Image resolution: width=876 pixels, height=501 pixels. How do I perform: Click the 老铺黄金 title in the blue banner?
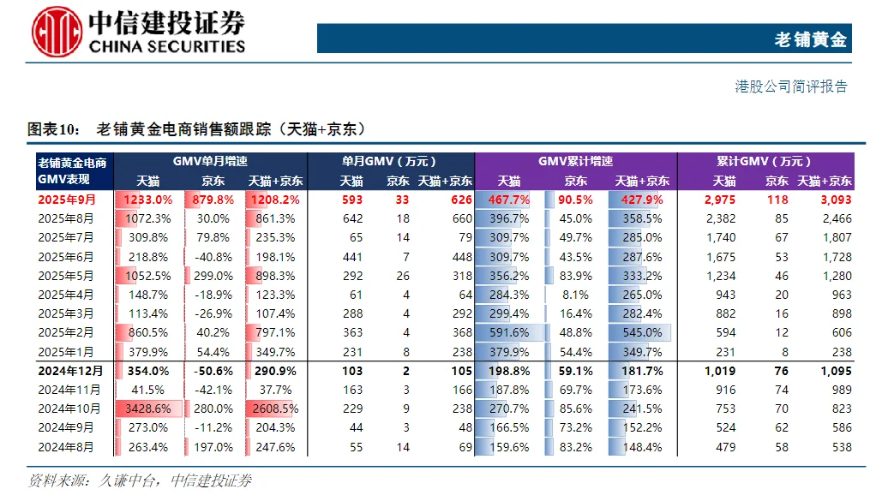810,39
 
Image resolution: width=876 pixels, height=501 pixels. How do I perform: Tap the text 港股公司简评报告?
791,86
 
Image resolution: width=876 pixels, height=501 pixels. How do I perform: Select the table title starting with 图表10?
197,129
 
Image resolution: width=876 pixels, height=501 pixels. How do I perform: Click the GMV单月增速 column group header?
209,161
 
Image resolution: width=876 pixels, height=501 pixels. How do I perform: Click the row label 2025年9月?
67,200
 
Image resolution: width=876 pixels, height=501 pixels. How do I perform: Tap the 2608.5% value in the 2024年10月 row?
274,409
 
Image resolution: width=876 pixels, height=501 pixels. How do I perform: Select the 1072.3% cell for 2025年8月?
147,218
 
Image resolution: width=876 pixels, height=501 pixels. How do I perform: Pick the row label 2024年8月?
66,447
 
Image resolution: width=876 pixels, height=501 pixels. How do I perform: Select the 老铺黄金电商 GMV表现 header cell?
72,170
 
